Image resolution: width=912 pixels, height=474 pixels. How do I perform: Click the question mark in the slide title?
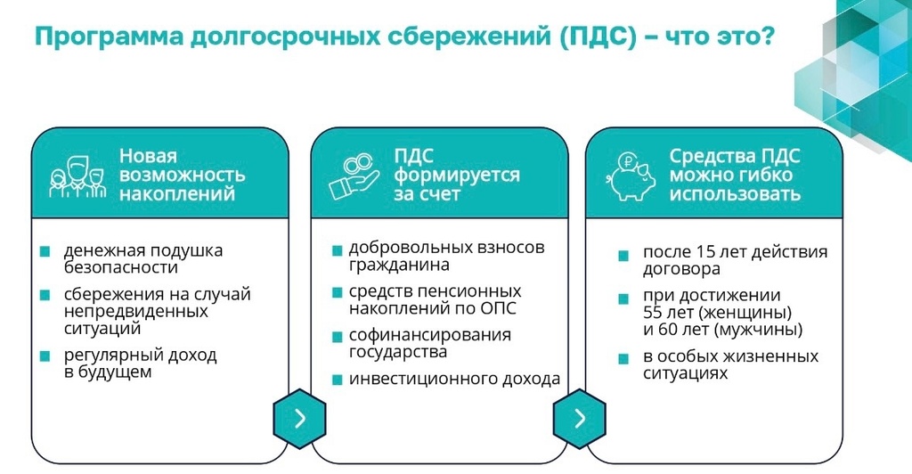768,37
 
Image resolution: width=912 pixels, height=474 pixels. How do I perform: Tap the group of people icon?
77,176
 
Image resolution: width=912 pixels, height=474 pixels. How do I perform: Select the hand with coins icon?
354,176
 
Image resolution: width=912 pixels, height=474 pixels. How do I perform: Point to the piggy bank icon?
630,176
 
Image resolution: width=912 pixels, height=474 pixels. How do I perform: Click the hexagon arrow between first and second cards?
299,418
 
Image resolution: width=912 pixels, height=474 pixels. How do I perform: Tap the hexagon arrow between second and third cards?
579,418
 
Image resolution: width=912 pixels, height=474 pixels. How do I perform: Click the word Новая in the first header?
148,156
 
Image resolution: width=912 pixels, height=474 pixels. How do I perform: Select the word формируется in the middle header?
457,175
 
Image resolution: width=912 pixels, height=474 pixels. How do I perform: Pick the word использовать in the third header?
735,193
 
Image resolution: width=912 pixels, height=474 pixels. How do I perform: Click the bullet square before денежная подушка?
45,251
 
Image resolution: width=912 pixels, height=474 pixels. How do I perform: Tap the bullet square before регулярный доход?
45,355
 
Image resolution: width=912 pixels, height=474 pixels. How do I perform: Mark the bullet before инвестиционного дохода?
337,380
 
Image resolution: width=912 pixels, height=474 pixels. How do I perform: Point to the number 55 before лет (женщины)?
653,313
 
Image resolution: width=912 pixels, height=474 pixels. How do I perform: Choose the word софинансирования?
430,336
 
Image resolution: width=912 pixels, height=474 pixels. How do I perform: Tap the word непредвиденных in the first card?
135,312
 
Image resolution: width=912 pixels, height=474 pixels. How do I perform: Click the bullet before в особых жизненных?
623,358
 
